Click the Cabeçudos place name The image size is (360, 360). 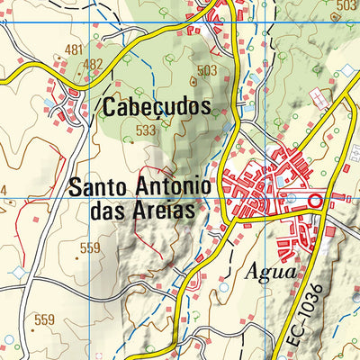157,106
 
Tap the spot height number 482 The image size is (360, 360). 92,65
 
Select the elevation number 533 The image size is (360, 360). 146,130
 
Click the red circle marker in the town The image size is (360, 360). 315,201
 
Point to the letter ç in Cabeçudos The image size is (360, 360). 157,108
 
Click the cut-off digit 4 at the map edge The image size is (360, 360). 3,190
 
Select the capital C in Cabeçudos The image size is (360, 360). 110,106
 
